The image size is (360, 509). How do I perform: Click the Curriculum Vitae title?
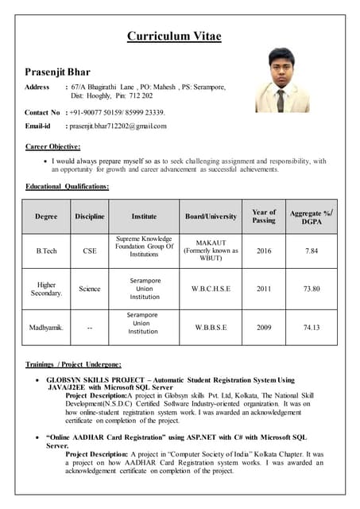180,36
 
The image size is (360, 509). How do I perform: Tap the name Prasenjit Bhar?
58,72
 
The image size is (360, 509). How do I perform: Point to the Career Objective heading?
53,146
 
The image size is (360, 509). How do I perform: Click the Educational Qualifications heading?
68,185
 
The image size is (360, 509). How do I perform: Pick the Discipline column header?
90,216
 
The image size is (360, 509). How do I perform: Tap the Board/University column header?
211,216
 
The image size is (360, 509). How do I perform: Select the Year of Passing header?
264,216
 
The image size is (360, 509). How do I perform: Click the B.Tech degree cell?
47,251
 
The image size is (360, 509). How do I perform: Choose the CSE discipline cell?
90,251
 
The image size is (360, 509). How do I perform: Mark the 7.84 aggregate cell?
312,251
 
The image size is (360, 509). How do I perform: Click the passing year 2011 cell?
264,289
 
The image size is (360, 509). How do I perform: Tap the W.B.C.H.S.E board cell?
211,289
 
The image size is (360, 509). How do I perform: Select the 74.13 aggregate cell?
312,327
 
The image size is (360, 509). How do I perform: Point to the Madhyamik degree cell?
47,327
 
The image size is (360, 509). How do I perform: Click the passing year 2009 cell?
264,327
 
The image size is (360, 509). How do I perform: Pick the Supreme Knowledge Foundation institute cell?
144,247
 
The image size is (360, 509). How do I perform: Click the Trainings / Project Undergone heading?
74,363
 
